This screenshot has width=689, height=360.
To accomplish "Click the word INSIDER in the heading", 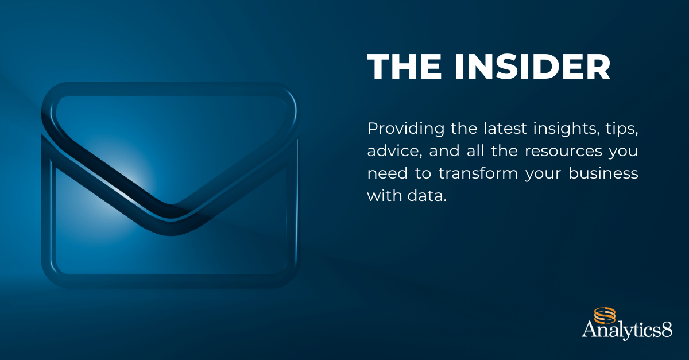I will coord(532,68).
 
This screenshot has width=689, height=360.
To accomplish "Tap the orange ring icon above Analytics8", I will coord(605,315).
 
